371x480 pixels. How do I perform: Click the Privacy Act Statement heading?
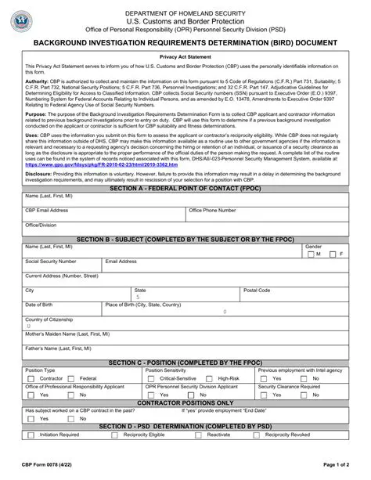pos(185,57)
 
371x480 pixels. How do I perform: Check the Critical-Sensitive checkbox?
pos(151,378)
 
